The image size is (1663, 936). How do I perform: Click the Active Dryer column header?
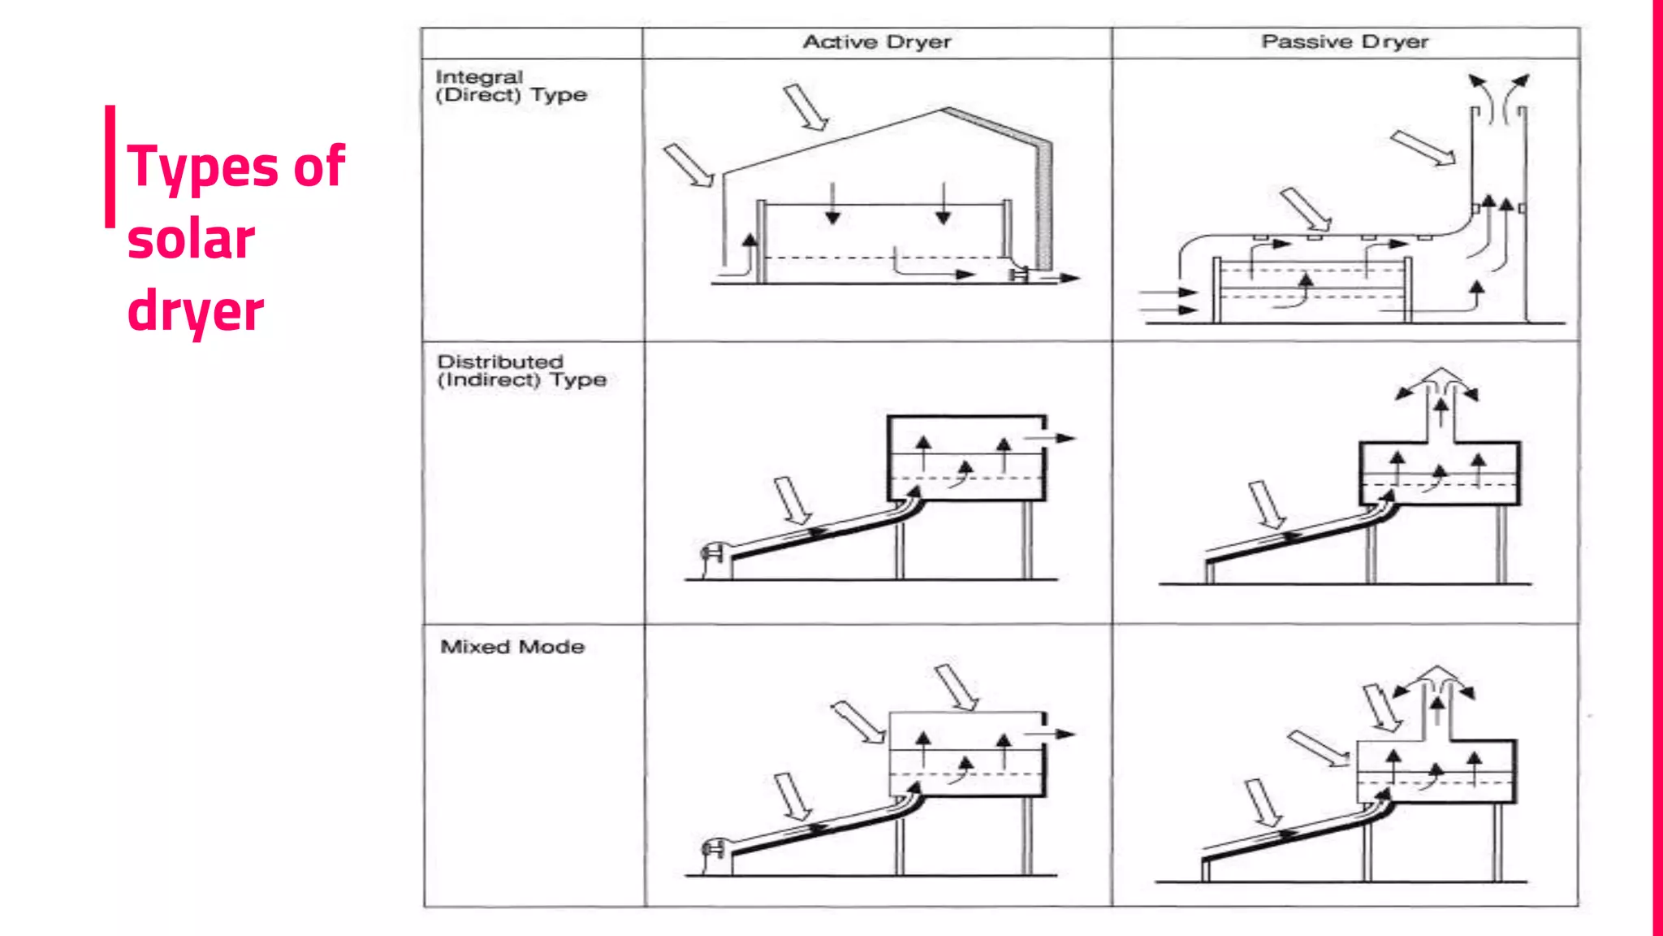pyautogui.click(x=877, y=42)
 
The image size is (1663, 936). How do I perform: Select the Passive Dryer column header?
pyautogui.click(x=1345, y=42)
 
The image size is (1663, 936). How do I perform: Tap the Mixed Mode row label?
pyautogui.click(x=512, y=647)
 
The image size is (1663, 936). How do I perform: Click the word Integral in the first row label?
pyautogui.click(x=479, y=77)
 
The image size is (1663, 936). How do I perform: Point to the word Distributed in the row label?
pyautogui.click(x=500, y=362)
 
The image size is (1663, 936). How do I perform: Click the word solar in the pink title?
pyautogui.click(x=192, y=240)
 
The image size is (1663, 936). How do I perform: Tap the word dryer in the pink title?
pyautogui.click(x=196, y=312)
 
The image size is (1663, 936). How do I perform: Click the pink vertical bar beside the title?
pyautogui.click(x=110, y=166)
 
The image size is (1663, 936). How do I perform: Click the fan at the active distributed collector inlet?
pyautogui.click(x=712, y=554)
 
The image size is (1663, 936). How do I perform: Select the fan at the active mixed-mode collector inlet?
pyautogui.click(x=712, y=850)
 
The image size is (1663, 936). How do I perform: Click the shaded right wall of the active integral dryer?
pyautogui.click(x=1044, y=203)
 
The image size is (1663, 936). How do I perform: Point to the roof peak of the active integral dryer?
pyautogui.click(x=944, y=109)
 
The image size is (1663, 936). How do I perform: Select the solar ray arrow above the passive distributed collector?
pyautogui.click(x=1267, y=505)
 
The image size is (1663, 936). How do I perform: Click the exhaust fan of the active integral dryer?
pyautogui.click(x=1019, y=275)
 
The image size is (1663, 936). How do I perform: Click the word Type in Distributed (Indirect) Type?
pyautogui.click(x=579, y=379)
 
